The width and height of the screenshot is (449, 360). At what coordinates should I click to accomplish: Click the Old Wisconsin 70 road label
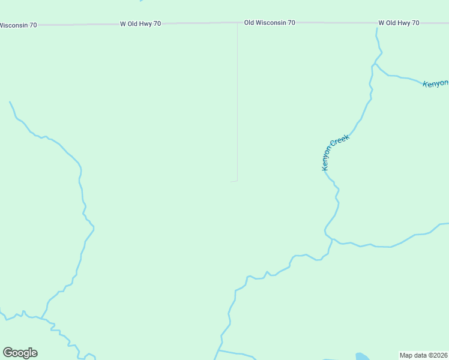(x=270, y=23)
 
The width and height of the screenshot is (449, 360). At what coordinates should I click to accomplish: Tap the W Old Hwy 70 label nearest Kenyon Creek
(x=399, y=23)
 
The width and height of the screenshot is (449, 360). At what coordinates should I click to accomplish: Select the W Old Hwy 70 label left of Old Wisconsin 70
(x=140, y=24)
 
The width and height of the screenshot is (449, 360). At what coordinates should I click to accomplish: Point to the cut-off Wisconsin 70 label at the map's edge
(x=18, y=25)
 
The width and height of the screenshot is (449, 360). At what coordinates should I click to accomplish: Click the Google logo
(x=20, y=353)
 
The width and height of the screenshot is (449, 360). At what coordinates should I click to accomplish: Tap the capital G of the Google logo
(x=8, y=353)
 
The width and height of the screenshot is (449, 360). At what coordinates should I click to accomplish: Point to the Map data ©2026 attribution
(x=424, y=355)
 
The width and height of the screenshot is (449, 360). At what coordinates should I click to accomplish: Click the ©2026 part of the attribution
(x=438, y=355)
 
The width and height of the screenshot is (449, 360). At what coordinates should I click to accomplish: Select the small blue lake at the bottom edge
(x=362, y=356)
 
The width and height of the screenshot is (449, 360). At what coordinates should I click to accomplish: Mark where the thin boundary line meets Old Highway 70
(x=237, y=23)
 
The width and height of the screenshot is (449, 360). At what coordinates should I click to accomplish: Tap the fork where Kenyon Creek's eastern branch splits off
(x=375, y=63)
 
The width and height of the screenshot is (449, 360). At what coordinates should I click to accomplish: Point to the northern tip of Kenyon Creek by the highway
(x=377, y=28)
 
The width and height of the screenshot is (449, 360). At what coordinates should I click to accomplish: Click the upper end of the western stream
(x=10, y=102)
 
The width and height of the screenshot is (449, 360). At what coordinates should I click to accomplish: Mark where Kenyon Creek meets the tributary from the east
(x=332, y=239)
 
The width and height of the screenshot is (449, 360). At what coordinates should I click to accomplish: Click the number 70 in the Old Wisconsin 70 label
(x=291, y=23)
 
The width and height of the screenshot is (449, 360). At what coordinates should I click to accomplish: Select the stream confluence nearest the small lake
(x=220, y=350)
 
